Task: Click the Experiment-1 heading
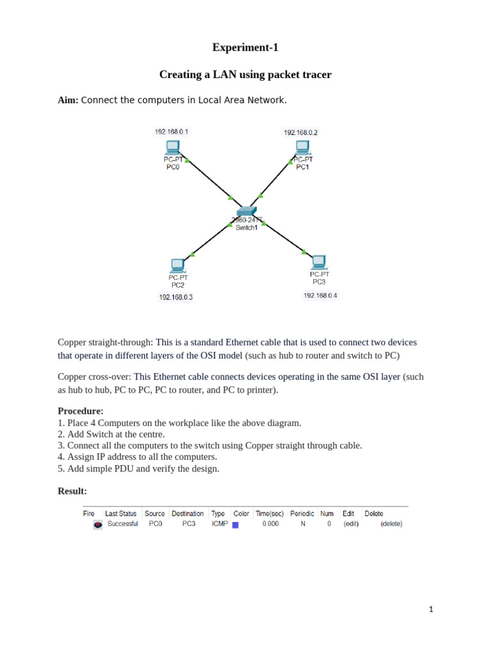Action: click(245, 47)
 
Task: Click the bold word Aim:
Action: click(68, 100)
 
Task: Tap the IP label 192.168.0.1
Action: click(171, 132)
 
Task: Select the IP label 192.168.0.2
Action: click(300, 132)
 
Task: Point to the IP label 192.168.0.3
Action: click(176, 297)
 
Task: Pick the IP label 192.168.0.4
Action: click(320, 296)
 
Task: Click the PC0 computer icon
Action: click(173, 148)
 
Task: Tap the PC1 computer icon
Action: click(302, 148)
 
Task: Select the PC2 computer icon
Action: click(178, 265)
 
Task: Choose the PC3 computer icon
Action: click(319, 262)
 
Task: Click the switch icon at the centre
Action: click(246, 212)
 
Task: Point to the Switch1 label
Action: click(247, 228)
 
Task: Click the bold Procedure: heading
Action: click(81, 411)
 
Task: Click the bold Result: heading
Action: click(72, 491)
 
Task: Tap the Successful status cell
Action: click(123, 524)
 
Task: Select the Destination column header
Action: click(187, 514)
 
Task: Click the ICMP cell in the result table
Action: click(219, 524)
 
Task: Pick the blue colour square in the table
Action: click(235, 525)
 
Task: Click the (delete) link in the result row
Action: click(391, 524)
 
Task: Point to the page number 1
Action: click(431, 610)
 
